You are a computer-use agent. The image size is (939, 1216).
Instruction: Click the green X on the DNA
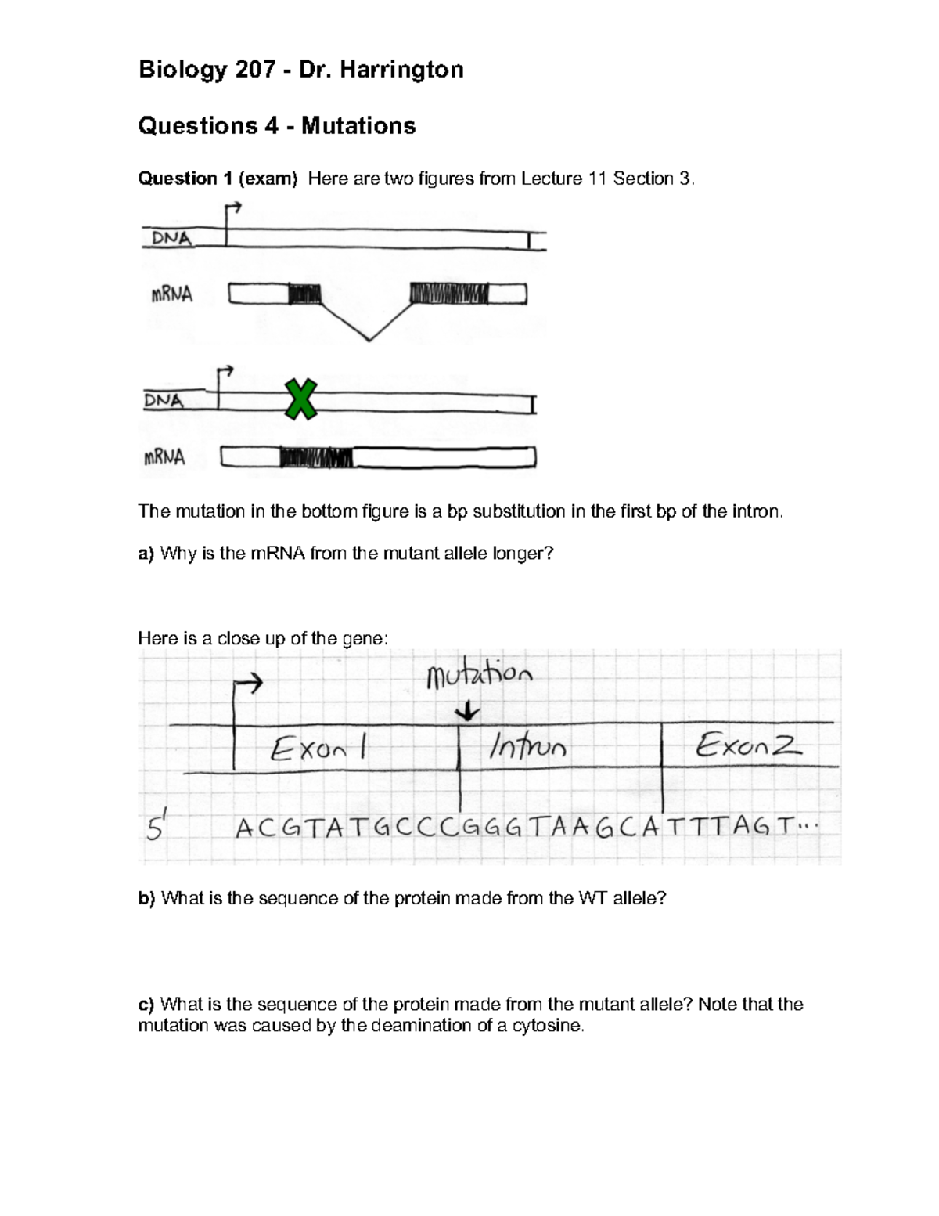coord(300,399)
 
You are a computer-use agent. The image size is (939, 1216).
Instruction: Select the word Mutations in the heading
coord(358,125)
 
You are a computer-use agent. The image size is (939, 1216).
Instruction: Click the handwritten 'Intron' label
coord(527,749)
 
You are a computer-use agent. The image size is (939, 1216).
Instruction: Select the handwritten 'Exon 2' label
coord(748,745)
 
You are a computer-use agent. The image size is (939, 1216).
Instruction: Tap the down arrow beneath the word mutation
coord(469,712)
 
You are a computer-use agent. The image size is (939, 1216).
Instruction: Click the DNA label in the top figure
coord(171,238)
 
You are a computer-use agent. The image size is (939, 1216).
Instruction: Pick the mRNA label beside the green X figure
coord(164,457)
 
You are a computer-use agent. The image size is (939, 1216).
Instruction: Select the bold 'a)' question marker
coord(146,554)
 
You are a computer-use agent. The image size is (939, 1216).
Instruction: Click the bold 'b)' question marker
coord(147,898)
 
